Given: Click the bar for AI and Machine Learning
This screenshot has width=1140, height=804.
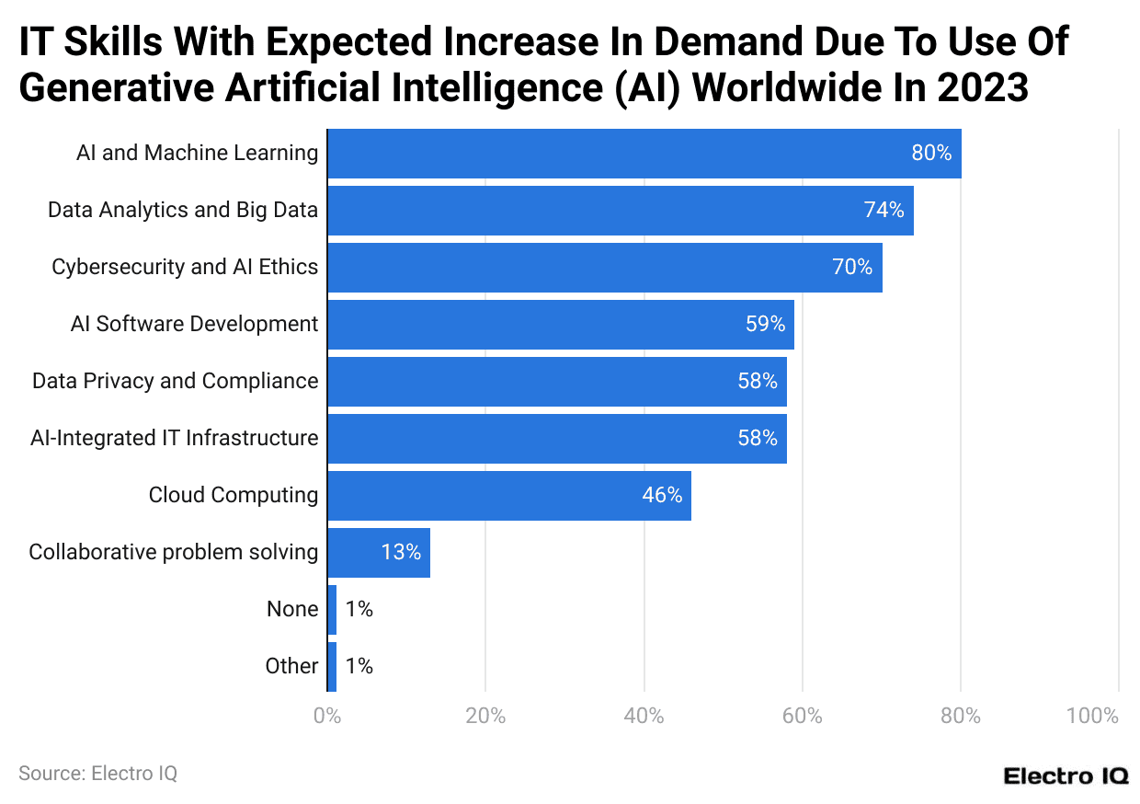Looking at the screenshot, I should coord(644,153).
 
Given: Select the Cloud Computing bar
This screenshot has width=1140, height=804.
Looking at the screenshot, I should coord(508,495).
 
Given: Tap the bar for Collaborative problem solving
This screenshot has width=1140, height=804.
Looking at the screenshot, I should coord(378,552).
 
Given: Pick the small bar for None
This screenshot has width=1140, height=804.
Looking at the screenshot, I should coord(332,609).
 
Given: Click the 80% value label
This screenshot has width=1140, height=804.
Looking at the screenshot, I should coord(931,153).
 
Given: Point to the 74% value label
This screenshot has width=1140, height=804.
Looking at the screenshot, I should coord(883,210).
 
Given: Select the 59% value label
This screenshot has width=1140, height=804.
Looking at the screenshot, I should coord(765,324).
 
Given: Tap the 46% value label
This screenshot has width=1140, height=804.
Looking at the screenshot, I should coord(662,495).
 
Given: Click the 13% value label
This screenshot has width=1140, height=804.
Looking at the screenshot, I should coord(401,552).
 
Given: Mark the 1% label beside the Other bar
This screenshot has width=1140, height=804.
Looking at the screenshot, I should coord(359,666).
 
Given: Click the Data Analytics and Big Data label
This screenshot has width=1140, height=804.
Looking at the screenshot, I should coord(183,210).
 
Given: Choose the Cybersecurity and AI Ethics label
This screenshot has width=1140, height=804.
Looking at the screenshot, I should coord(185,267).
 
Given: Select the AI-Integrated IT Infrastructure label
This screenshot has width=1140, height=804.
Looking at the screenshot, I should coord(175,438).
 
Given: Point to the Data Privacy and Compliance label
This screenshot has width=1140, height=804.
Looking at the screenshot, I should coord(176,381).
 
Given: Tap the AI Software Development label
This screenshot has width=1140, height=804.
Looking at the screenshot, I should coord(194,324).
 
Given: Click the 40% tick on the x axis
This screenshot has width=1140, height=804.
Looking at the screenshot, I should coord(644,716).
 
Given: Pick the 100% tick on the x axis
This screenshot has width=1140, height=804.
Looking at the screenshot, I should coord(1093,716).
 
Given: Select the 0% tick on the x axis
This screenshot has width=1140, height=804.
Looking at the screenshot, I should coord(327,716).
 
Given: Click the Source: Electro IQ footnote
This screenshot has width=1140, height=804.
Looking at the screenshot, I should coord(97,774).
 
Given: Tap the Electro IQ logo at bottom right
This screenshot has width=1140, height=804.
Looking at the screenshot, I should coord(1066,775).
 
